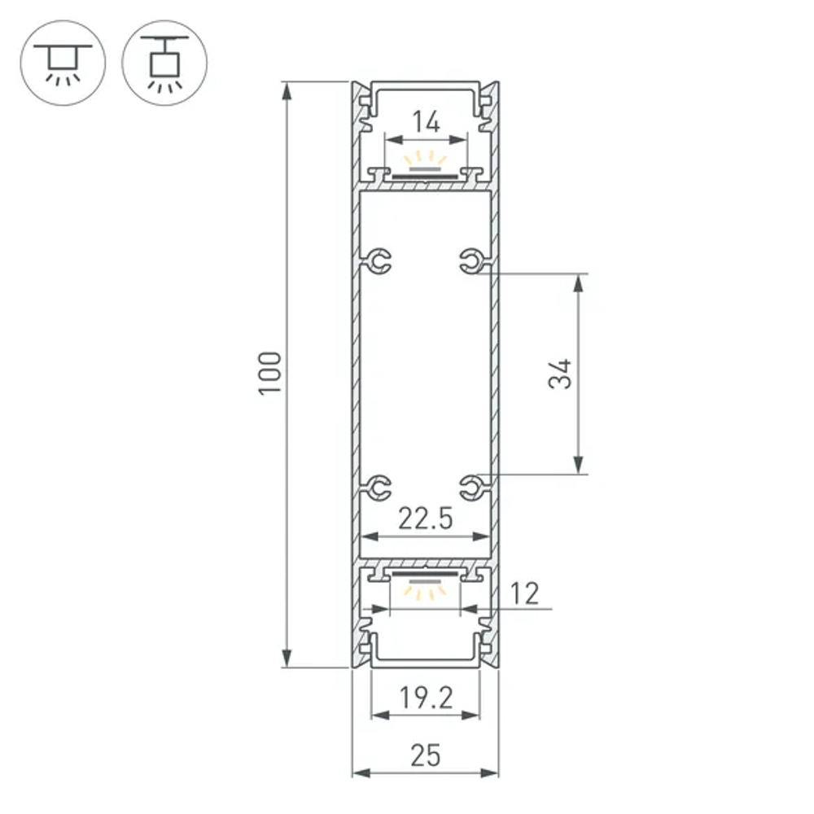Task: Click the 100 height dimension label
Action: click(x=270, y=374)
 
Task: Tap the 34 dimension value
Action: click(x=561, y=374)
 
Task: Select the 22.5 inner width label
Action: click(x=425, y=519)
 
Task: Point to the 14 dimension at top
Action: click(x=425, y=123)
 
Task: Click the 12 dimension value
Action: click(x=526, y=593)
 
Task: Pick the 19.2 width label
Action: click(x=425, y=698)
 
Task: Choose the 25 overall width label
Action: click(x=425, y=755)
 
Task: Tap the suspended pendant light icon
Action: click(x=164, y=63)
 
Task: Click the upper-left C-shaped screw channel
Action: click(x=377, y=260)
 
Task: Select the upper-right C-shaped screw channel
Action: click(x=471, y=260)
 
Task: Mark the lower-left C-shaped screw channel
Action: click(x=377, y=488)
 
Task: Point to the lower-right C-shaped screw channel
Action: click(x=471, y=488)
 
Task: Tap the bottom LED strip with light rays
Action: click(x=425, y=582)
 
